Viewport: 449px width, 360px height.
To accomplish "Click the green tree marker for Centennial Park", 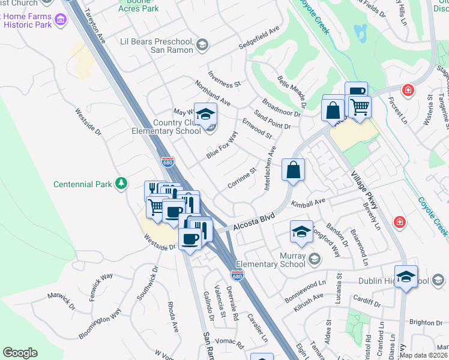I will (121, 182).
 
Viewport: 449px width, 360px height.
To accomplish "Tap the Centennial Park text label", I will (83, 184).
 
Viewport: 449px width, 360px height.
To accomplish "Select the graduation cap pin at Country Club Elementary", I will (205, 114).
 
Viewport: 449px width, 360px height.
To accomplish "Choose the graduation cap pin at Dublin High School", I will (406, 276).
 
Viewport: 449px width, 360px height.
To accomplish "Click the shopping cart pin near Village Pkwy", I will (359, 107).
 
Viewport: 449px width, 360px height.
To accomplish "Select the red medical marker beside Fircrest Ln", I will (408, 90).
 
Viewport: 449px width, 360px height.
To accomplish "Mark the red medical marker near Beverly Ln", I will (399, 223).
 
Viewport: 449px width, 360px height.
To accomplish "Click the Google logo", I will (20, 352).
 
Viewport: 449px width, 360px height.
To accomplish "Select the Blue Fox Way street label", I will (222, 145).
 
